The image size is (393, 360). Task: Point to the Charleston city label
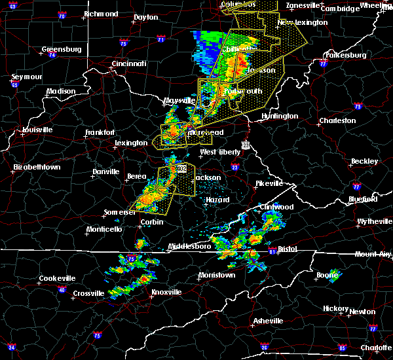[337, 121]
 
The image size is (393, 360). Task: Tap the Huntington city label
[280, 117]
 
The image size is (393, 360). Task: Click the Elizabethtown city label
[37, 168]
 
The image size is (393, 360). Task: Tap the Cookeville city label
[57, 278]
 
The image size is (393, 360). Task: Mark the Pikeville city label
[268, 184]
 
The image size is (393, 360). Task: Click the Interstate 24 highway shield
[12, 347]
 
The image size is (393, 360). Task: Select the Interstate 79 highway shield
[358, 106]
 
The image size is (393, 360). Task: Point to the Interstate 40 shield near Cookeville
[63, 289]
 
